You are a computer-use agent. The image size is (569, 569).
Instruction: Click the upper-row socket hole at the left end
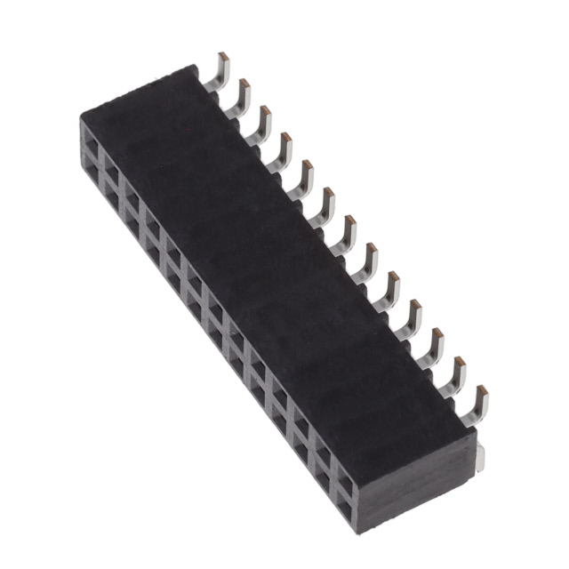(92, 140)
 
